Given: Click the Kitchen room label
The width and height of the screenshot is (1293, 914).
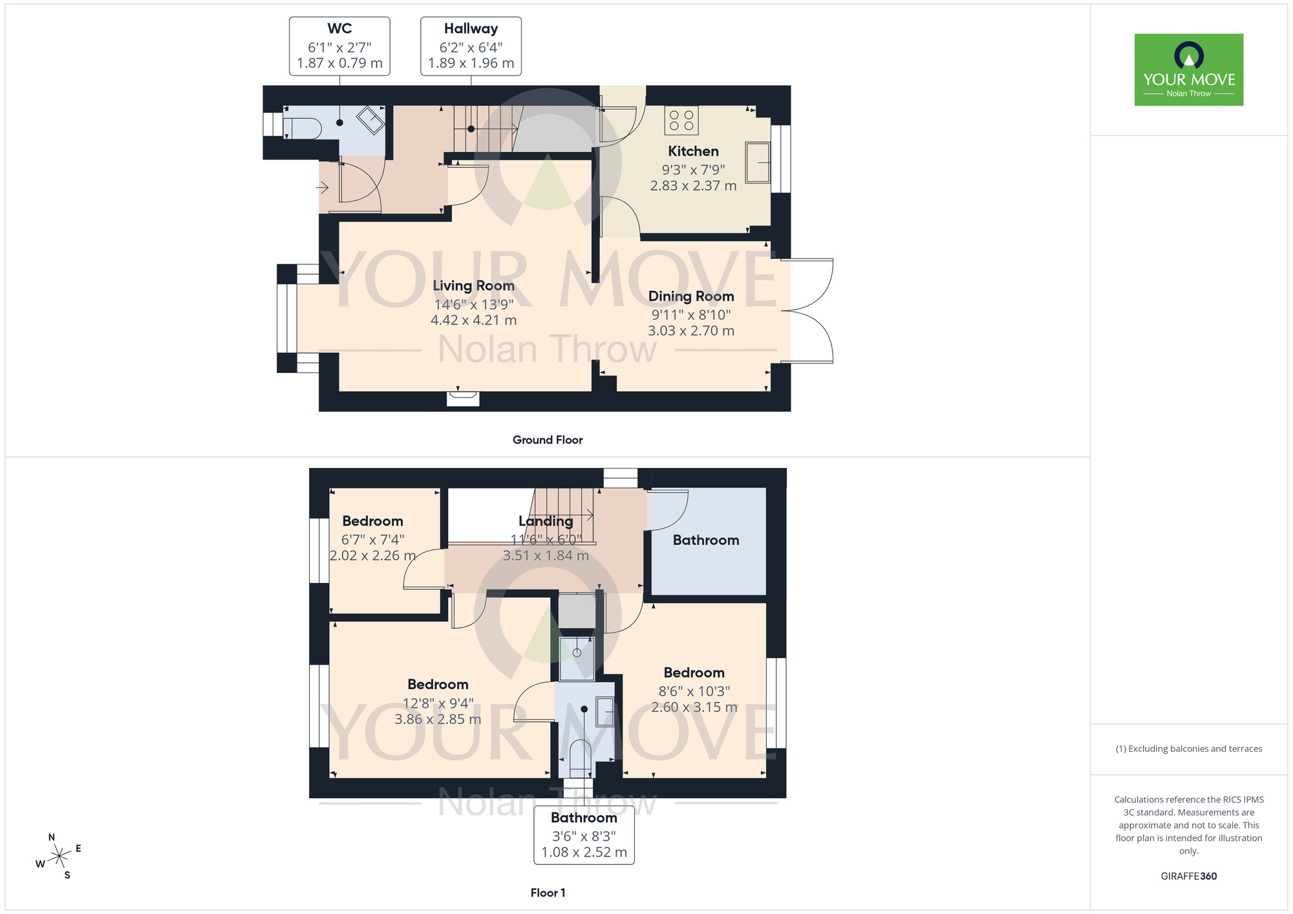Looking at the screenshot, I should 693,151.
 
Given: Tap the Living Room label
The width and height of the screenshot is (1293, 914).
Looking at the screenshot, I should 473,286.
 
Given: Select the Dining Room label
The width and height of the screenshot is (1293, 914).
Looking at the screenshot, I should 691,296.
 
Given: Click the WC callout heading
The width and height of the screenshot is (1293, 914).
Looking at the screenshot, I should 339,28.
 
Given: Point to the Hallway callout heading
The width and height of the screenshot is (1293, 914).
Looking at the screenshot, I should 471,28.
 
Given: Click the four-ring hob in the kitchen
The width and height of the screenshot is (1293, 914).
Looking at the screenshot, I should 681,120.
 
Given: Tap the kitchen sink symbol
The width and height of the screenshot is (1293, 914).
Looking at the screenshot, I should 758,162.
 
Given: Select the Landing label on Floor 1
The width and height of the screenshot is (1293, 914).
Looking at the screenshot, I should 546,521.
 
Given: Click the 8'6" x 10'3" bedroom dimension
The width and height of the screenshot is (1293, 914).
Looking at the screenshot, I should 694,691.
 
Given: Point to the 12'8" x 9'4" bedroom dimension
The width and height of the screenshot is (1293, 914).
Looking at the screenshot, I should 438,703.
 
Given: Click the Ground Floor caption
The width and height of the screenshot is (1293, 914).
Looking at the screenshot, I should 548,440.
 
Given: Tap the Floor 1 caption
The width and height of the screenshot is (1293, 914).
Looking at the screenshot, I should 548,893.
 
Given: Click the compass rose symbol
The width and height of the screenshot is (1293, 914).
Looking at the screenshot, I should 59,856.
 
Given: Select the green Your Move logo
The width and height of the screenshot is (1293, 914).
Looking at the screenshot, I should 1188,70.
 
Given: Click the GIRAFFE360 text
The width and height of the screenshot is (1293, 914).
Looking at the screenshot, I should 1188,877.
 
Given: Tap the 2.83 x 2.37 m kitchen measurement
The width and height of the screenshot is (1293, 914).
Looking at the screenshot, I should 693,186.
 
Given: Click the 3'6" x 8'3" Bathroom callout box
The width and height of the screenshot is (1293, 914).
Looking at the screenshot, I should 584,836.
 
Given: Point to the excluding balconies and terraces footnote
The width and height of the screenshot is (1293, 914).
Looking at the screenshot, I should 1188,749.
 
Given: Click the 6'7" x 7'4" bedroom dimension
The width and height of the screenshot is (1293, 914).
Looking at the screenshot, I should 372,540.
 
